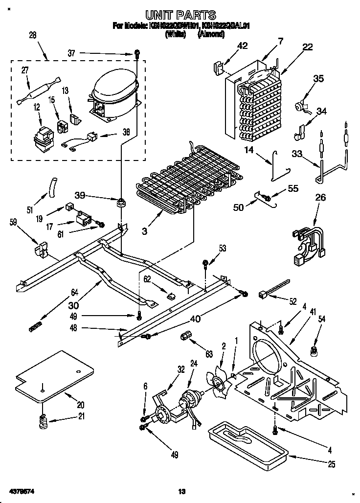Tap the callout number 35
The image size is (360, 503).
click(x=318, y=78)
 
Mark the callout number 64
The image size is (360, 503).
click(x=74, y=293)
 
